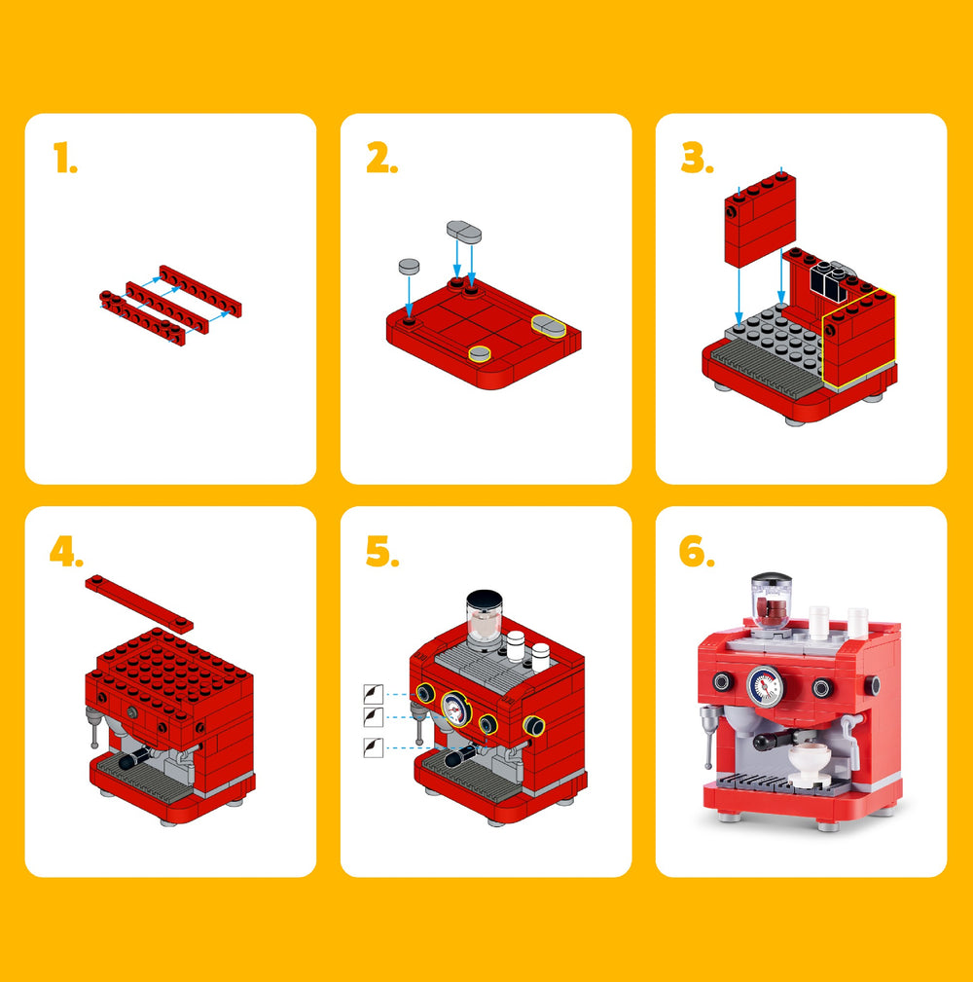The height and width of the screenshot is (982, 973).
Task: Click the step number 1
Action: (x=65, y=158)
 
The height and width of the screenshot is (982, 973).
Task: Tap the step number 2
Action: (x=382, y=158)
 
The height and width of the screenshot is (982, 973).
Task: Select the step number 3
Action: (x=697, y=158)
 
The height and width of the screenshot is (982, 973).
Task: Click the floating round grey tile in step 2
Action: (x=409, y=266)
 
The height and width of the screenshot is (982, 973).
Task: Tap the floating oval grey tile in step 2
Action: (x=464, y=231)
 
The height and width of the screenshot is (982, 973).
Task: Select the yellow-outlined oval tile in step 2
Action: (x=549, y=326)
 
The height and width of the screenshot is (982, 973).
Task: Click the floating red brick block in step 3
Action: (x=760, y=219)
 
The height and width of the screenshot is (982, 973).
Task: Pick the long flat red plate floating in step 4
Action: (x=139, y=601)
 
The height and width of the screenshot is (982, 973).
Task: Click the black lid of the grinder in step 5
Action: (x=484, y=600)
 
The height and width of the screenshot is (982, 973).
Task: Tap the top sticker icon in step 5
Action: (x=374, y=694)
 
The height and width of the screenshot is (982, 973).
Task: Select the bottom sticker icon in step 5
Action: (x=374, y=747)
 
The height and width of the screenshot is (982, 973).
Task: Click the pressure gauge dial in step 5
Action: (x=456, y=709)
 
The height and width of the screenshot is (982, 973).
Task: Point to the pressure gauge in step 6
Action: (x=765, y=686)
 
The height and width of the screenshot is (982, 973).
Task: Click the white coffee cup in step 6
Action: (x=809, y=762)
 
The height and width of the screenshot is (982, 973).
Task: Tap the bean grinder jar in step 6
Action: (x=772, y=601)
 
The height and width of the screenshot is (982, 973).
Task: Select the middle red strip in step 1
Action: (x=167, y=309)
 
